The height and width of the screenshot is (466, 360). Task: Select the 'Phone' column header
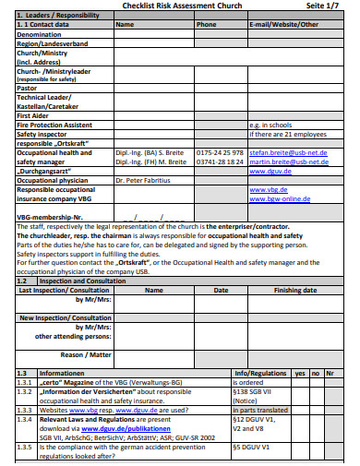click(x=206, y=25)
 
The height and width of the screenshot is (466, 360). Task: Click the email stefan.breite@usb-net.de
click(x=287, y=152)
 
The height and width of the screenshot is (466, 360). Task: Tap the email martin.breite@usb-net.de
click(x=287, y=161)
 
